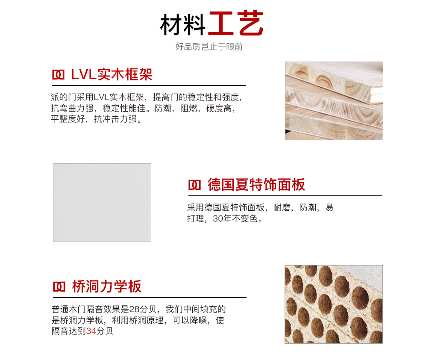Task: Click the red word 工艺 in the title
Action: [236, 23]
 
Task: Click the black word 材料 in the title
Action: [183, 24]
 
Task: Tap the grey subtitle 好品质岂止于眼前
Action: [209, 47]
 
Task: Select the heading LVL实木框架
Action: [112, 74]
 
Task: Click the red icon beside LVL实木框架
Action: [58, 75]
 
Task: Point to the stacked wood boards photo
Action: [334, 101]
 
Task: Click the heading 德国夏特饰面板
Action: [256, 185]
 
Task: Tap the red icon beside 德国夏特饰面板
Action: [194, 185]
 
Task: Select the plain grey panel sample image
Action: [102, 203]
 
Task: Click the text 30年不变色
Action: [238, 218]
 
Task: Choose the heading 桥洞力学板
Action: [106, 286]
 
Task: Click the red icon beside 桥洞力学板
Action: [59, 287]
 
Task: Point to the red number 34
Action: [91, 331]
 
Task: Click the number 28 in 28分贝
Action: [134, 309]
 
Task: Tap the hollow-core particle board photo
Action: [334, 304]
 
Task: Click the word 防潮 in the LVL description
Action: [163, 108]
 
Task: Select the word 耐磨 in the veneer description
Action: [282, 207]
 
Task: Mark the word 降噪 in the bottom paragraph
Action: [198, 320]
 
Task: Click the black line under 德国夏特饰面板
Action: [285, 196]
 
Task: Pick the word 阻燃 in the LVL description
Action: [189, 108]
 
